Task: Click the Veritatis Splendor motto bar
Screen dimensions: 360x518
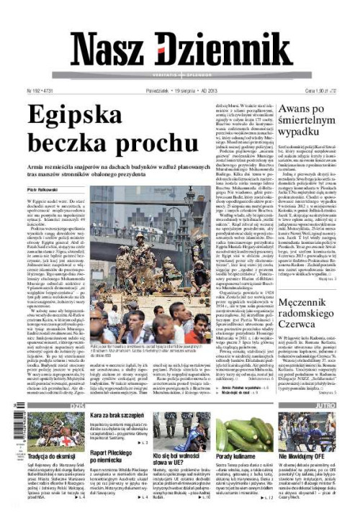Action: point(179,76)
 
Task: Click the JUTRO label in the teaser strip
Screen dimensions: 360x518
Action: point(328,406)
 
